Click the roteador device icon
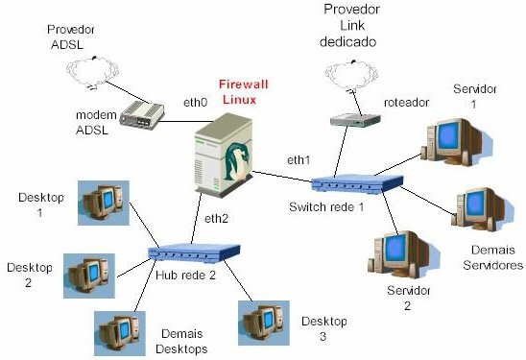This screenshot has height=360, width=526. (x=349, y=121)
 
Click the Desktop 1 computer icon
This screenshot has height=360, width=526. (x=103, y=204)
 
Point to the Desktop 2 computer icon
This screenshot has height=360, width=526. (x=88, y=275)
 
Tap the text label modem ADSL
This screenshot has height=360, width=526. (x=95, y=123)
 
